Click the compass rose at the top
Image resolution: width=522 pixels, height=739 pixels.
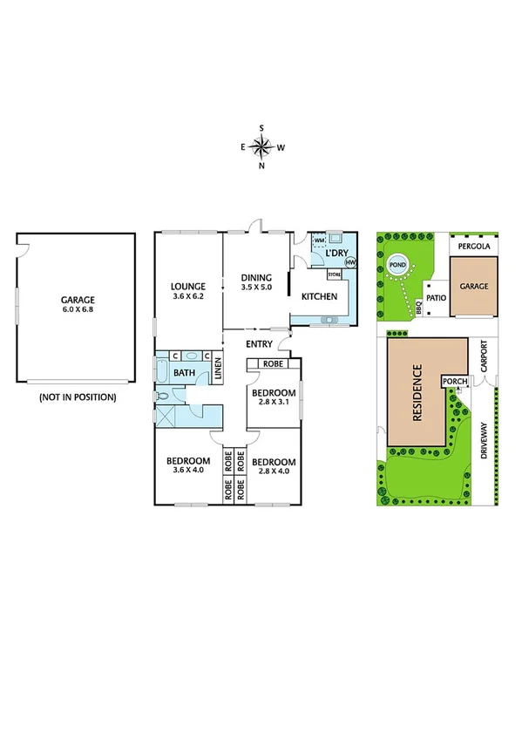point(262,147)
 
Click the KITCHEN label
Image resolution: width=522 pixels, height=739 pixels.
point(319,297)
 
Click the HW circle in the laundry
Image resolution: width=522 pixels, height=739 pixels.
point(350,262)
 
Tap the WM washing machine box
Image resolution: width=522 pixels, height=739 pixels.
point(319,240)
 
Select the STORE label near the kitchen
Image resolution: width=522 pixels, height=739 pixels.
point(334,275)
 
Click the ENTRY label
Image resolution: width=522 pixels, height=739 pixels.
point(260,344)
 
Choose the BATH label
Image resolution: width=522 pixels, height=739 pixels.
point(184,373)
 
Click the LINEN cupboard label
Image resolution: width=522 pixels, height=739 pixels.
point(218,371)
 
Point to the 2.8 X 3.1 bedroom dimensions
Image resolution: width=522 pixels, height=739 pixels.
point(274,403)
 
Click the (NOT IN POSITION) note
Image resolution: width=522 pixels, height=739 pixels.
point(77,397)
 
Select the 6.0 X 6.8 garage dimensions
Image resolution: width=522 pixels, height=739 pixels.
point(77,309)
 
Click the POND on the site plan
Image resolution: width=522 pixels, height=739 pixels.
point(397,265)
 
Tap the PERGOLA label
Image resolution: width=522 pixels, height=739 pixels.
point(474,247)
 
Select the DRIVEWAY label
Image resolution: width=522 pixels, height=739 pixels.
point(485,440)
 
